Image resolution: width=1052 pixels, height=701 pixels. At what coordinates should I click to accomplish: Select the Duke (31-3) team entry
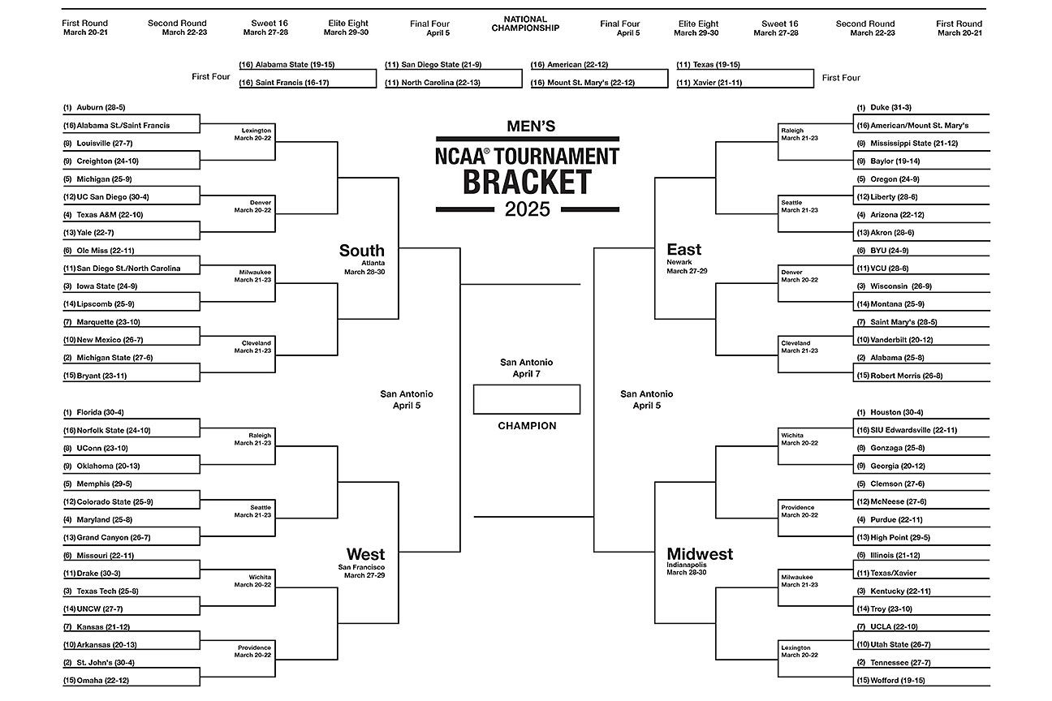[890, 107]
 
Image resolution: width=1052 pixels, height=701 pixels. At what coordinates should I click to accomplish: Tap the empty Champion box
[527, 399]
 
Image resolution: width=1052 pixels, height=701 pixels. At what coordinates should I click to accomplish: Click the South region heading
[362, 251]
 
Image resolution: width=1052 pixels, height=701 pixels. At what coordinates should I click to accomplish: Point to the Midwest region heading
[700, 554]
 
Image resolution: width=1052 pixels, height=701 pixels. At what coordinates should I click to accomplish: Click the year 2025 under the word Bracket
[527, 209]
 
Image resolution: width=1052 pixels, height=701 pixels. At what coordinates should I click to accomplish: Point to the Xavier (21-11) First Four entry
[712, 83]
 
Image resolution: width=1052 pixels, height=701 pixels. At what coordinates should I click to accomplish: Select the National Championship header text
[525, 24]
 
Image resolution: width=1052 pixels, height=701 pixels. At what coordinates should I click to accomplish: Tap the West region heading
[365, 554]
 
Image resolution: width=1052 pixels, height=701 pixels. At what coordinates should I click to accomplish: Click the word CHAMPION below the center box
[527, 426]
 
